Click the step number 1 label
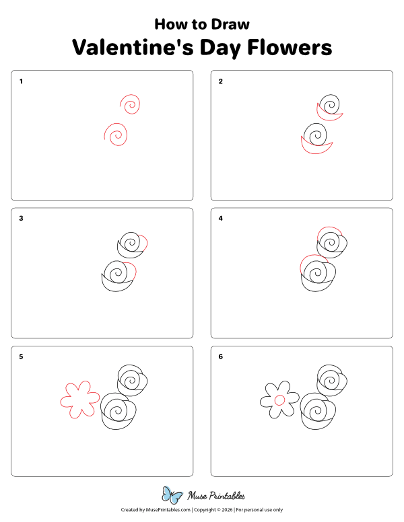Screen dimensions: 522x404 pos(22,81)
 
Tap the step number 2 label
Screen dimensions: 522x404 pos(221,81)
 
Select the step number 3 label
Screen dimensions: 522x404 pos(22,219)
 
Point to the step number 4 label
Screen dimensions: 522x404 pos(221,219)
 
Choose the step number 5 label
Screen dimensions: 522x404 pos(22,357)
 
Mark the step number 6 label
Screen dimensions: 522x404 pos(221,357)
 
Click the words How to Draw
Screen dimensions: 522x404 pos(202,24)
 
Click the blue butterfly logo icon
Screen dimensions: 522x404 pos(172,496)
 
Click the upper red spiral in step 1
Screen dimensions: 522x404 pos(131,104)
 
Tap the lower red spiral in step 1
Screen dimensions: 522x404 pos(116,135)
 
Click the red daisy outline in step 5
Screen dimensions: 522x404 pos(79,399)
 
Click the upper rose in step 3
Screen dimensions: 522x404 pos(131,245)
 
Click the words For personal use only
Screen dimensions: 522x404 pos(259,511)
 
